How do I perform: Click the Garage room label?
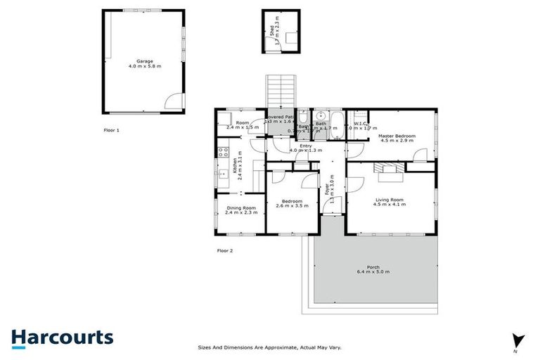(x=144, y=61)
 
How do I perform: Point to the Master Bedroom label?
(x=398, y=136)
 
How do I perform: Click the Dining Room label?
(x=241, y=207)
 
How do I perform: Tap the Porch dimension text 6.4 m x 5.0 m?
(x=373, y=271)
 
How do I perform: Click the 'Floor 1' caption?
(x=112, y=130)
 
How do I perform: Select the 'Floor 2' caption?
(x=225, y=250)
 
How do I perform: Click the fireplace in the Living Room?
(x=388, y=168)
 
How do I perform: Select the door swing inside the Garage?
(x=172, y=104)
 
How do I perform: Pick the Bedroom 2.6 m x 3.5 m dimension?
(x=287, y=206)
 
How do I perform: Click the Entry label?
(x=306, y=146)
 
